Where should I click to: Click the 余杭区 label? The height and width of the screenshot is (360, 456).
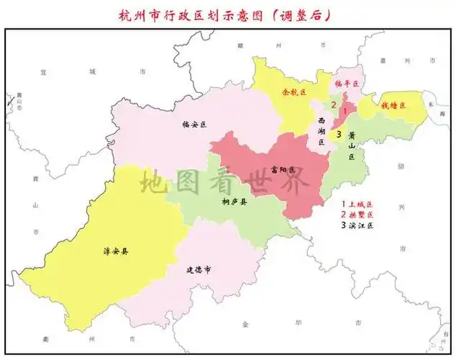pyautogui.click(x=293, y=93)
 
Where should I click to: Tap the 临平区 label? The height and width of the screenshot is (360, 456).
pyautogui.click(x=347, y=84)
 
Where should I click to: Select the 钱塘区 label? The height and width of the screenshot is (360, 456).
pyautogui.click(x=393, y=105)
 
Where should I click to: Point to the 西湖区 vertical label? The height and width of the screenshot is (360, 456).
pyautogui.click(x=322, y=132)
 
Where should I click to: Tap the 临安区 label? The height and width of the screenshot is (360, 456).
pyautogui.click(x=194, y=125)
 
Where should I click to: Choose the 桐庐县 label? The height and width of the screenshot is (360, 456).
pyautogui.click(x=234, y=202)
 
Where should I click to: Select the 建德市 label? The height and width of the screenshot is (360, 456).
pyautogui.click(x=199, y=270)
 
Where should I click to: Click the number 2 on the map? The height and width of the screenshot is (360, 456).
pyautogui.click(x=333, y=105)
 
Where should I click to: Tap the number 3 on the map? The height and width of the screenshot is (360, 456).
pyautogui.click(x=338, y=130)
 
